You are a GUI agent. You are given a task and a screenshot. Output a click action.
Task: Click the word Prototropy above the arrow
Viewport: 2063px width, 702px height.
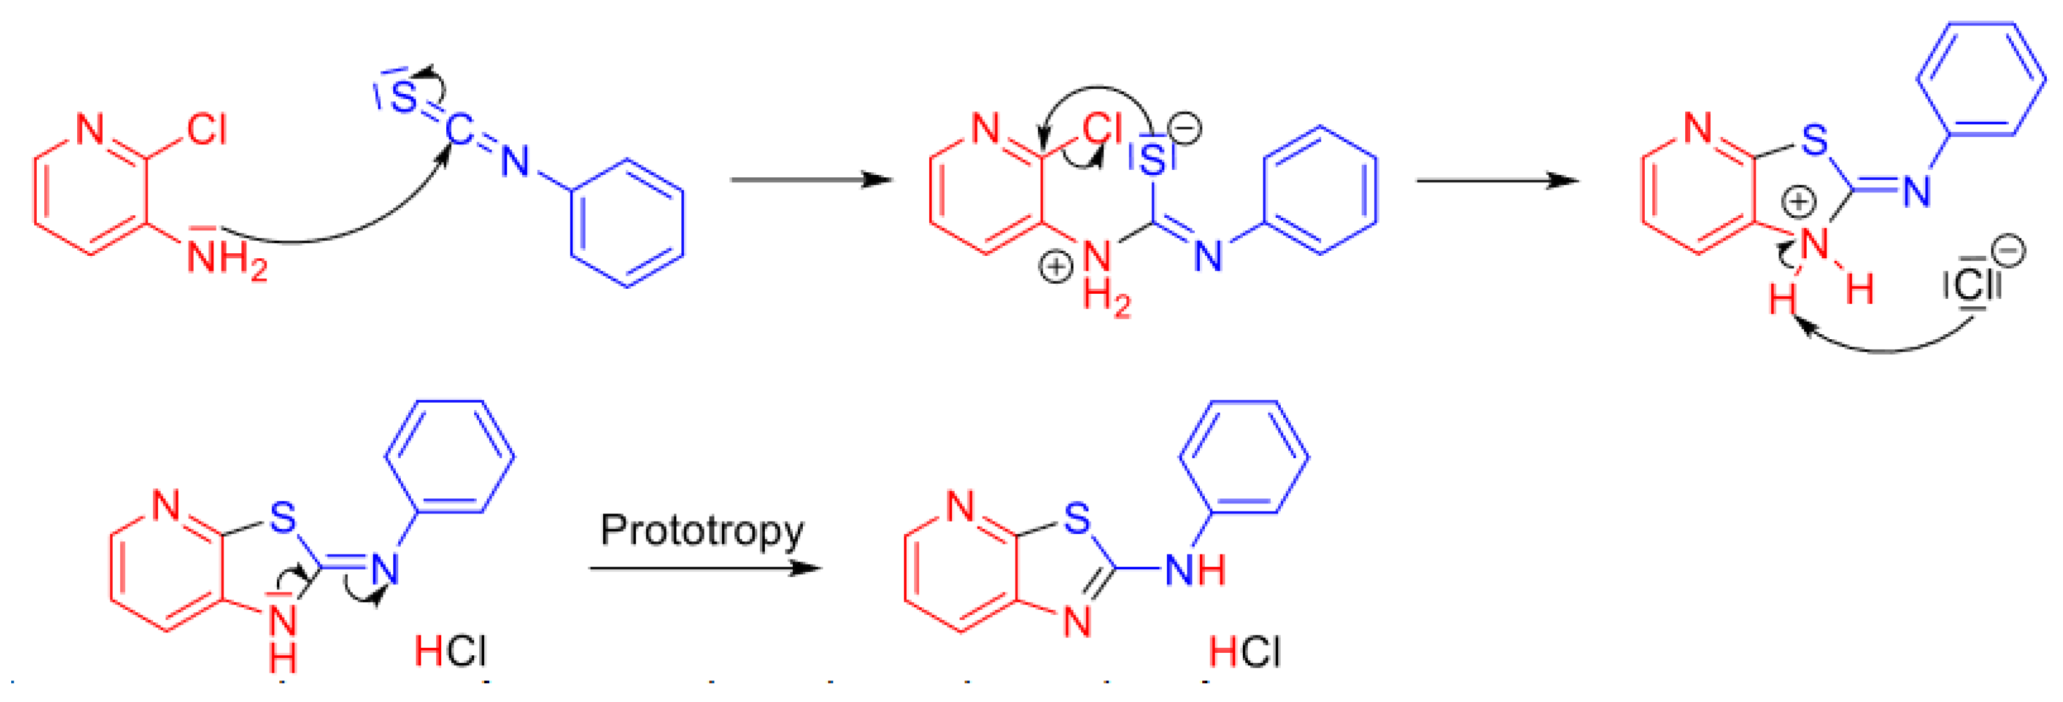click(701, 531)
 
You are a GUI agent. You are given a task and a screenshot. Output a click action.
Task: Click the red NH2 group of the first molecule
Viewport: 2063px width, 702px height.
click(226, 258)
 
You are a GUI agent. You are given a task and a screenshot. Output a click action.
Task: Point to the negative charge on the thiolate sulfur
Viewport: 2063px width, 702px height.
click(1186, 128)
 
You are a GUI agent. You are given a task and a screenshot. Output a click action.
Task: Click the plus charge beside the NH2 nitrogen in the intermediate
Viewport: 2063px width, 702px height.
click(1055, 266)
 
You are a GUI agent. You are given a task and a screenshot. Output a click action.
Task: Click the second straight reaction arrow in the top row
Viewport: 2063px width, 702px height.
click(1497, 180)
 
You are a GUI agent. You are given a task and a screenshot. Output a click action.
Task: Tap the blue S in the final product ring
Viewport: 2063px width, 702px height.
click(1077, 518)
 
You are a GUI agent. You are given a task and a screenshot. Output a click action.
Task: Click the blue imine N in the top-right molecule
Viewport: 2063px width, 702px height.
click(1917, 190)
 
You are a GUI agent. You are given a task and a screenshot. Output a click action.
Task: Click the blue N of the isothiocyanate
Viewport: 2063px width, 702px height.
click(515, 162)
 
